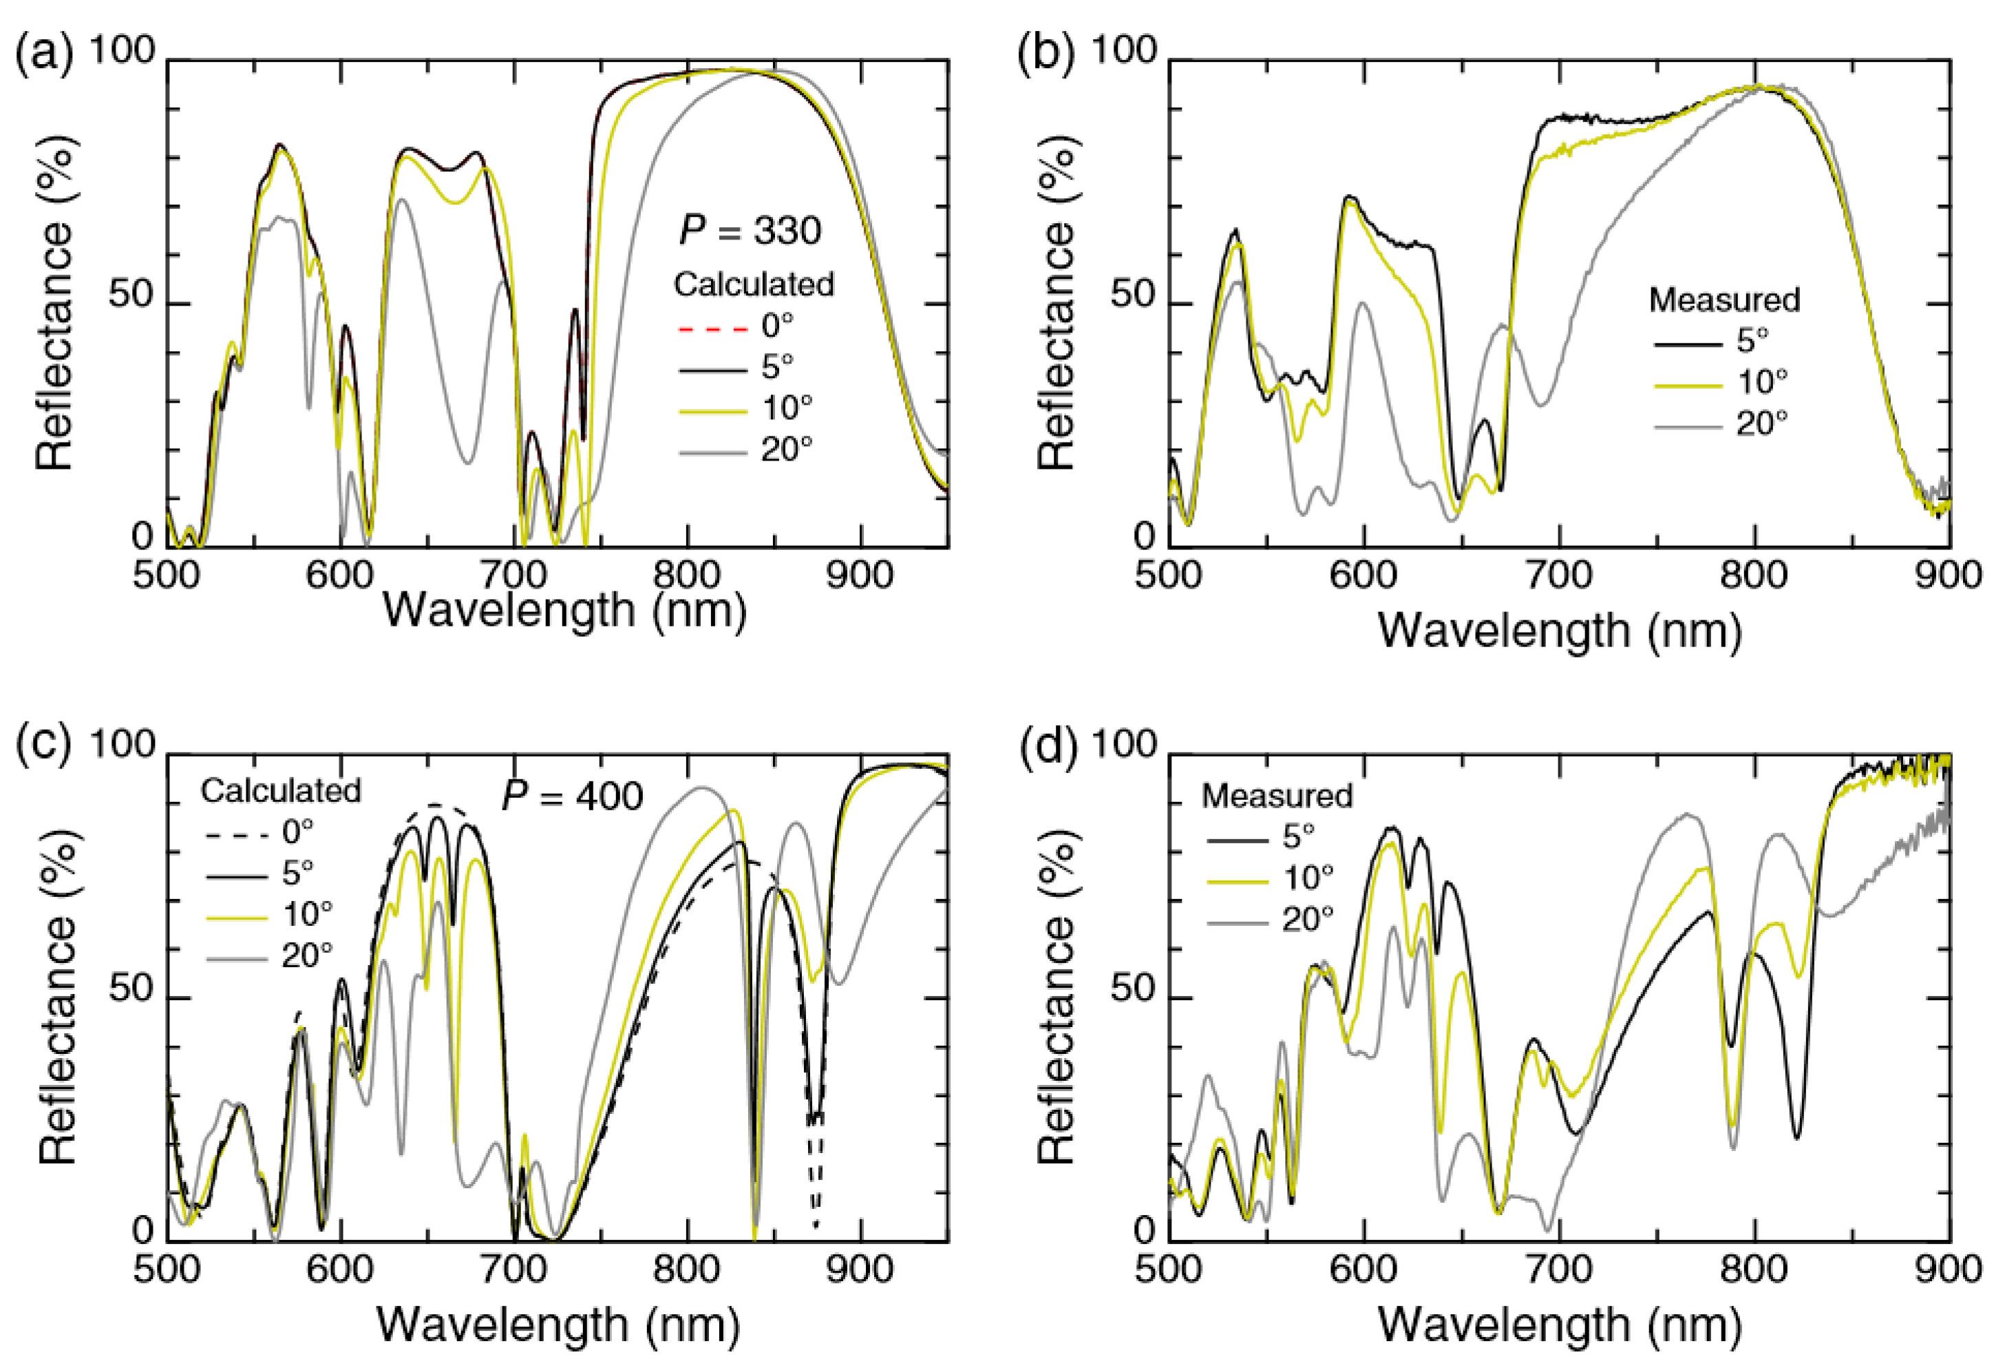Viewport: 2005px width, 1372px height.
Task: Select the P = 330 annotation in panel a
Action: coord(750,231)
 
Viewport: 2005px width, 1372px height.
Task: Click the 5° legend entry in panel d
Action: coord(1297,835)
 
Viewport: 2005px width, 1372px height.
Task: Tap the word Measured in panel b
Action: coord(1723,299)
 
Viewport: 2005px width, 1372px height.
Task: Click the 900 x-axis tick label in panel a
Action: coord(859,575)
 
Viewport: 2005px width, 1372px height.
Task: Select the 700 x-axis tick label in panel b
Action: coord(1558,575)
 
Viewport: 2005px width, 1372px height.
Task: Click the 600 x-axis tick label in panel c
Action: coord(341,1269)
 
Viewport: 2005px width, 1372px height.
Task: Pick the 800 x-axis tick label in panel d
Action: coord(1754,1269)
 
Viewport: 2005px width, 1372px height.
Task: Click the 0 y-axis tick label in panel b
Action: coord(1143,537)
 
